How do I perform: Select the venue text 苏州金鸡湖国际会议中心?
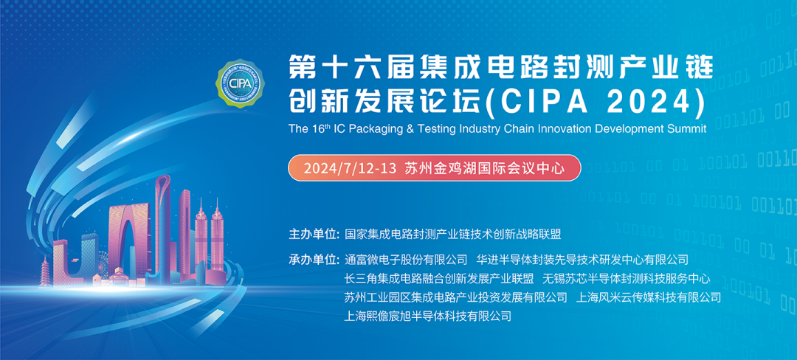(x=485, y=168)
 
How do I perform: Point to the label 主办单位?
(x=314, y=235)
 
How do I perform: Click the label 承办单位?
(x=314, y=260)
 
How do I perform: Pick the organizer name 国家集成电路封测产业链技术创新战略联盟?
(x=453, y=235)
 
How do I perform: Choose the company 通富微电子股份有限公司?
(x=406, y=260)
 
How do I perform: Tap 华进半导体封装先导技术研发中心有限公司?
(x=582, y=260)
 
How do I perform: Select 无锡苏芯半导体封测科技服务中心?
(x=627, y=279)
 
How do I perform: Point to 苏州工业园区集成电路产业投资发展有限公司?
(x=456, y=297)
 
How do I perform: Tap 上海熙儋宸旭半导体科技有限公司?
(x=428, y=316)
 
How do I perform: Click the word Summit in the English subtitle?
(x=686, y=128)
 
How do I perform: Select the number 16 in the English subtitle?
(x=319, y=128)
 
